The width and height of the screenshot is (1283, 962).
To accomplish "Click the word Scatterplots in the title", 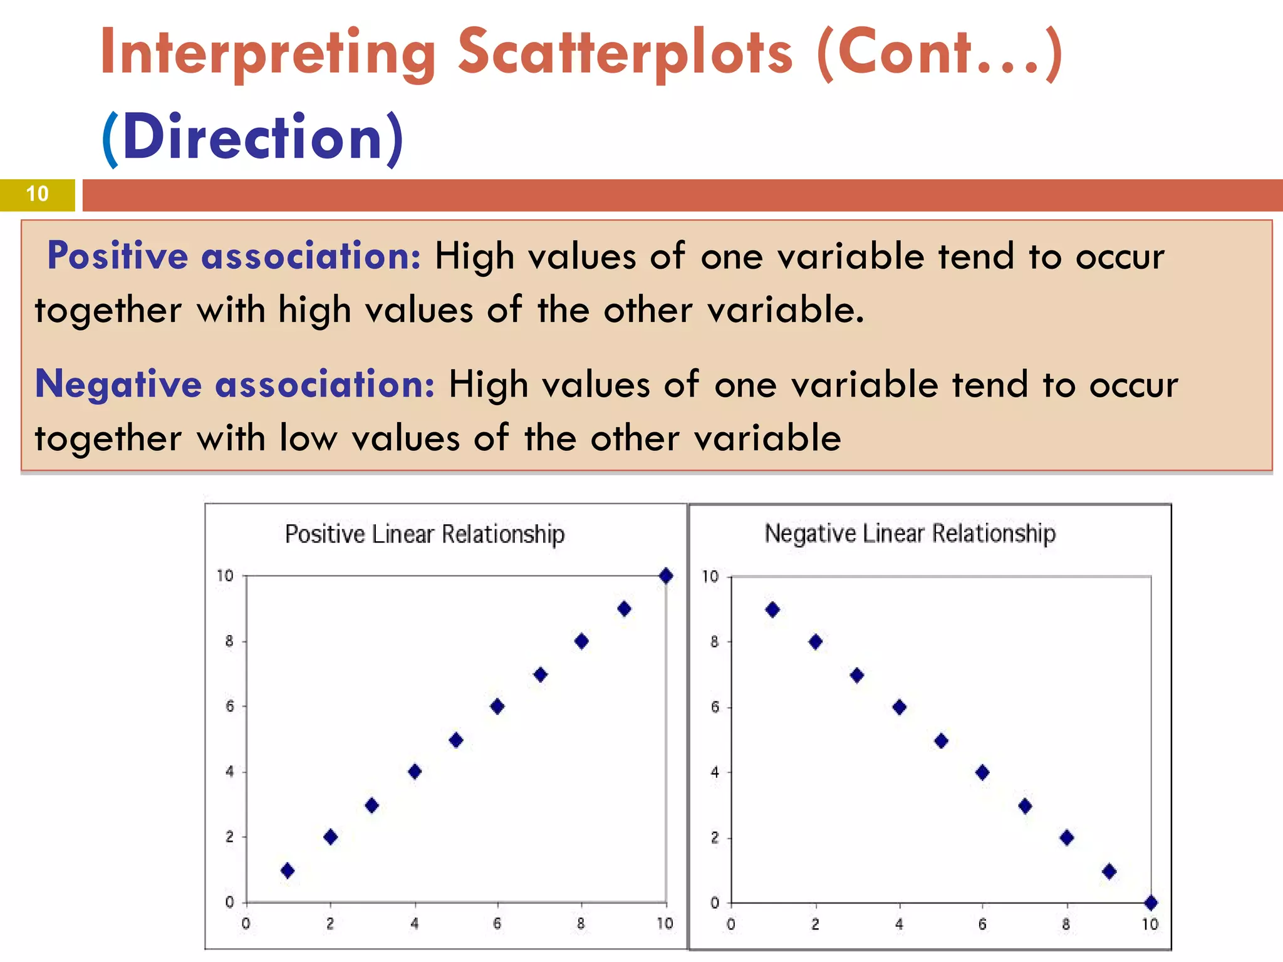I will coord(625,53).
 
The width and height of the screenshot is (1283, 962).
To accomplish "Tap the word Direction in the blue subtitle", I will coord(252,138).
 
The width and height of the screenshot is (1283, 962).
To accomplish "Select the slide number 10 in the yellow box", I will coord(38,194).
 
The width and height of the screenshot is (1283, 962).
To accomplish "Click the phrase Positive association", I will coord(234,256).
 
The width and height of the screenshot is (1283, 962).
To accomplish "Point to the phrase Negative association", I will coord(235,384).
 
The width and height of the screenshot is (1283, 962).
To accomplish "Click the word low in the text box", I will coord(308,438).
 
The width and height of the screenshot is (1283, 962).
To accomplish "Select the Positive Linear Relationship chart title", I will coord(425,534).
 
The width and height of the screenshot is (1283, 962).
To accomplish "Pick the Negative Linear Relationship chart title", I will coord(910,534).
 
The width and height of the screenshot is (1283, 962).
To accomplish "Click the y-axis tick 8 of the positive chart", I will coord(229,641).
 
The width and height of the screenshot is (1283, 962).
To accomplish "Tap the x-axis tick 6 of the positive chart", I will coord(497,923).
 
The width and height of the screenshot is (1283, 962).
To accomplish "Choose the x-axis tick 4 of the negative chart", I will coord(899,924).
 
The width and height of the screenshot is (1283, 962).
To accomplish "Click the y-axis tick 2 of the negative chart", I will coord(715,838).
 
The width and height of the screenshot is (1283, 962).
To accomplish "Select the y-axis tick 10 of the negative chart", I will coord(710,576).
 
